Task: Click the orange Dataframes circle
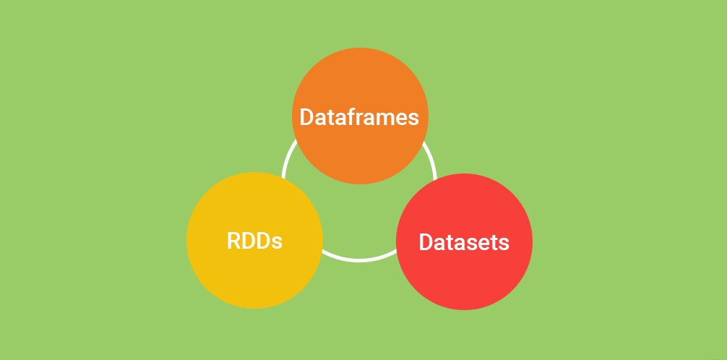point(360,116)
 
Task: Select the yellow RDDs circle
point(254,240)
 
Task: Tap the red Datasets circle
point(464,241)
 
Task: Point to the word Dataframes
point(359,117)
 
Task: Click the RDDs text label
point(254,241)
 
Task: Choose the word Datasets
point(464,242)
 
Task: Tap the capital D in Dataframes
point(306,117)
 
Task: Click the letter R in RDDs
point(233,241)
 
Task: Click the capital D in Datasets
point(426,242)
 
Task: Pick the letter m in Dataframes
point(388,119)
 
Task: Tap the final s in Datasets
point(504,244)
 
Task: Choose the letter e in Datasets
point(483,244)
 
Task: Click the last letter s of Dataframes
point(414,119)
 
